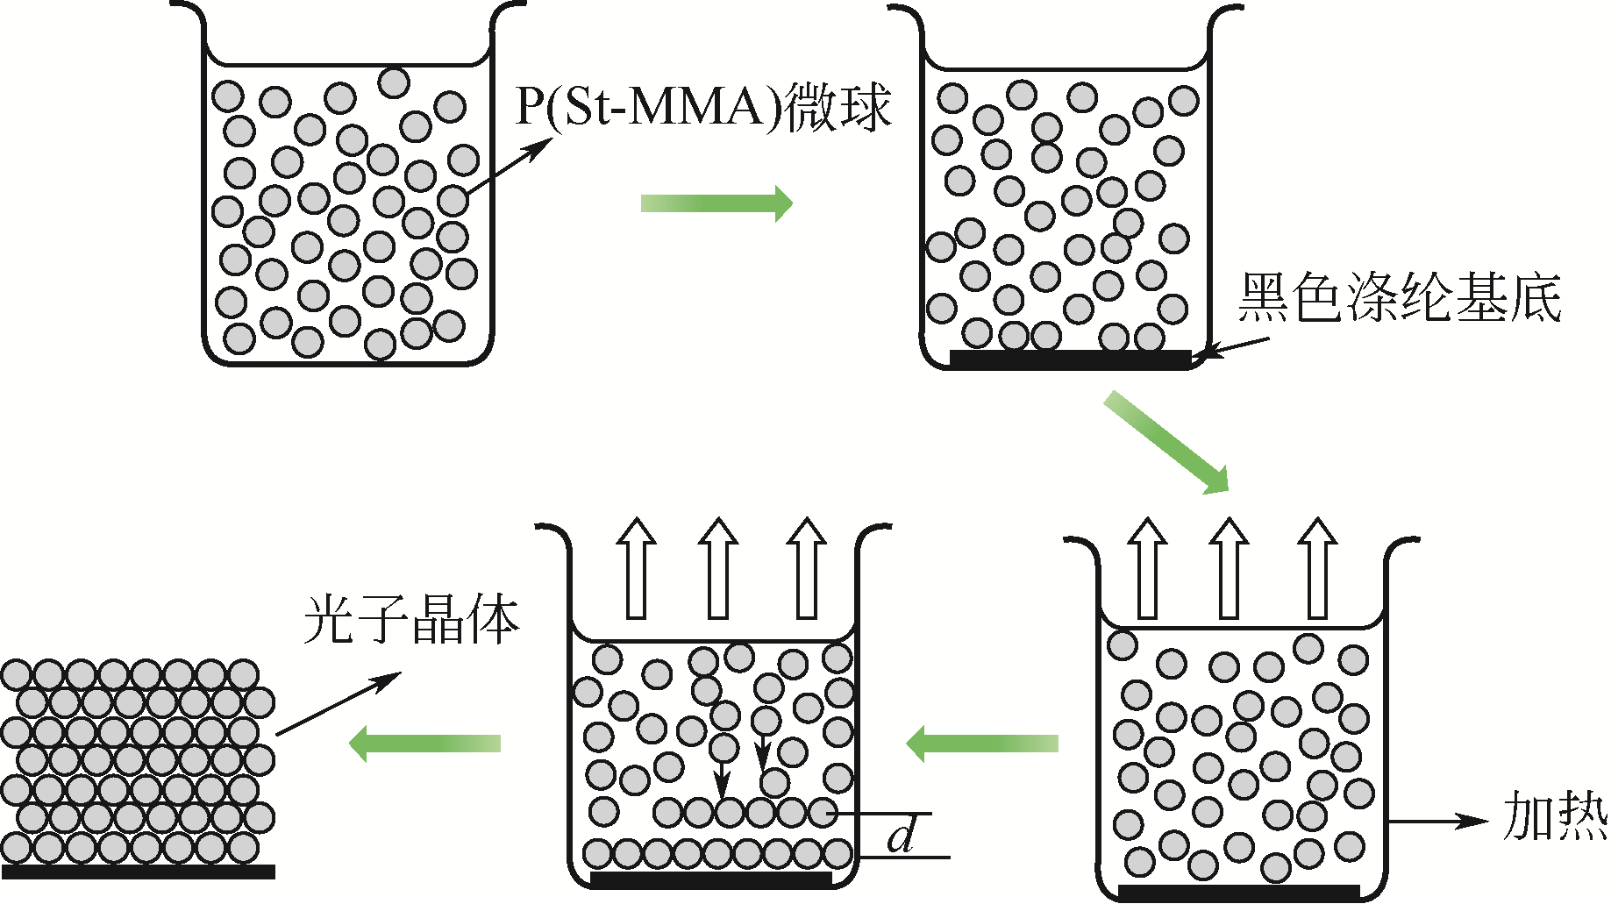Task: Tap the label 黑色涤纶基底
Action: click(1399, 298)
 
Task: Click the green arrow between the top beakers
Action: click(716, 203)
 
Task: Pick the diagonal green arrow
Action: click(1166, 442)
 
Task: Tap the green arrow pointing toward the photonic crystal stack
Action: click(424, 744)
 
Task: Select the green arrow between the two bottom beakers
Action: click(982, 744)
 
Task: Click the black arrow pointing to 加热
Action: click(1438, 822)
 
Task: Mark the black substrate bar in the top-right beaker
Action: click(1070, 359)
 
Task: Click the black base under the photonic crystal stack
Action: click(138, 872)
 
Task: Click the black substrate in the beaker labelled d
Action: click(710, 878)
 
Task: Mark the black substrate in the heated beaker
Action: click(1238, 892)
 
